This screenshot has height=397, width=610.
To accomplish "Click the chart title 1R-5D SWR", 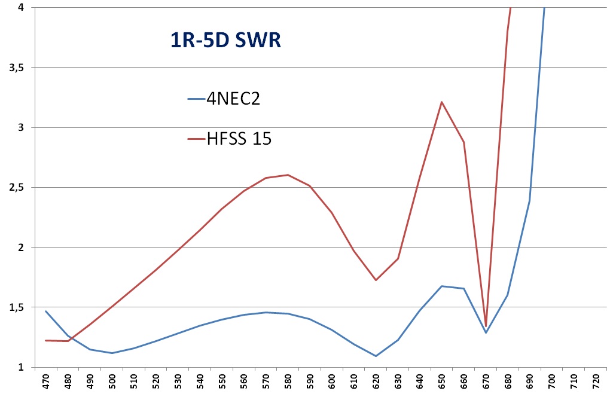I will [222, 41].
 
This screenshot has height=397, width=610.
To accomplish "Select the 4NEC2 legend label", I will [233, 99].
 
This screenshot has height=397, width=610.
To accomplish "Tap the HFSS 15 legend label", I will [239, 139].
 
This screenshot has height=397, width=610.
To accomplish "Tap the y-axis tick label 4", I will [21, 8].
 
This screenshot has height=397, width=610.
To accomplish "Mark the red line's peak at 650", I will [441, 102].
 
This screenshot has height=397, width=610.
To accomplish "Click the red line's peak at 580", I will [288, 175].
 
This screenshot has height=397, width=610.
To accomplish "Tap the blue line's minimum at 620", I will [376, 356].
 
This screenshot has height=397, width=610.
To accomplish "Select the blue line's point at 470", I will [45, 311].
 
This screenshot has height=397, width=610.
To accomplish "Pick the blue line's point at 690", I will [529, 200].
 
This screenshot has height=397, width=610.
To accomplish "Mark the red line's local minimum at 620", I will [376, 280].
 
